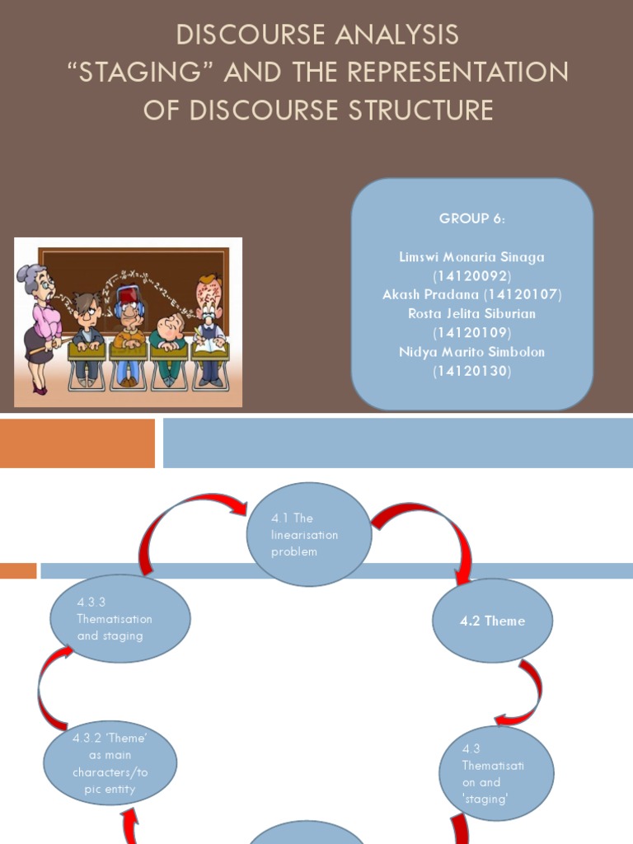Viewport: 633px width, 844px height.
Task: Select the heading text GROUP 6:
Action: pyautogui.click(x=471, y=218)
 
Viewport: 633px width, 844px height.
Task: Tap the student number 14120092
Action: pyautogui.click(x=471, y=275)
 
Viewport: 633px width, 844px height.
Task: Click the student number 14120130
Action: pyautogui.click(x=471, y=371)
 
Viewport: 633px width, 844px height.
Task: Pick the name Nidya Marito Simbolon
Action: pyautogui.click(x=471, y=352)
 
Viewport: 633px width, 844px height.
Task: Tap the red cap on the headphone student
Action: pyautogui.click(x=129, y=292)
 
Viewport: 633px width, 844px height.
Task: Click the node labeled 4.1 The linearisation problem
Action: pyautogui.click(x=310, y=534)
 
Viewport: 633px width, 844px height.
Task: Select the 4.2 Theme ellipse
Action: pyautogui.click(x=493, y=621)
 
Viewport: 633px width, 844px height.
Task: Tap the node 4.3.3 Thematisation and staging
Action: pyautogui.click(x=120, y=618)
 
